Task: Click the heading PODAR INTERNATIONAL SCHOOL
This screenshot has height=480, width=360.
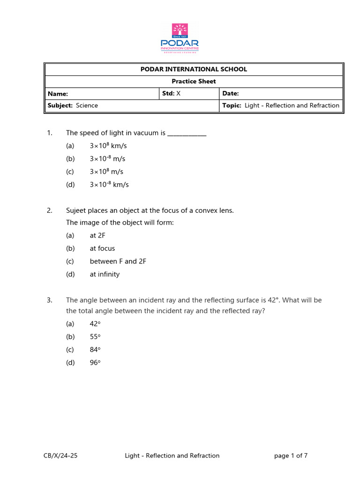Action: pos(194,69)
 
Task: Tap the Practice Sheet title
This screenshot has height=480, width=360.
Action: pos(194,82)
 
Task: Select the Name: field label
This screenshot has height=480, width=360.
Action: pos(58,94)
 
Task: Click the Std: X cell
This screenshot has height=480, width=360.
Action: pos(171,94)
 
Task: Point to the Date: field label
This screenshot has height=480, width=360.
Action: pos(231,94)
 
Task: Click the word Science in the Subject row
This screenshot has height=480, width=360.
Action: pos(87,105)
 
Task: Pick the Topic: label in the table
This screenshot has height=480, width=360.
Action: pos(232,105)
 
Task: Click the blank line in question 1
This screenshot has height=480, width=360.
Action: pos(187,134)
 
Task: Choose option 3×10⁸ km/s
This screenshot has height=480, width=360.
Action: pos(108,146)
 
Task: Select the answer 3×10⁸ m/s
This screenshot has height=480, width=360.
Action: pos(106,172)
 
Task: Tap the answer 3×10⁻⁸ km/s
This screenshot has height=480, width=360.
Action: pos(109,185)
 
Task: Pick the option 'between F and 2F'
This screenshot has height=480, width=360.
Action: pos(118,262)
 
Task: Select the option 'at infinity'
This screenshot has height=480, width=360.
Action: pos(105,274)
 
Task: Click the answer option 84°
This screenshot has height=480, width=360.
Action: pos(95,350)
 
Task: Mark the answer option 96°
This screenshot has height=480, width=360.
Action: pos(95,363)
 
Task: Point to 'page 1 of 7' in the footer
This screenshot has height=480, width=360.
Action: pos(291,455)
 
